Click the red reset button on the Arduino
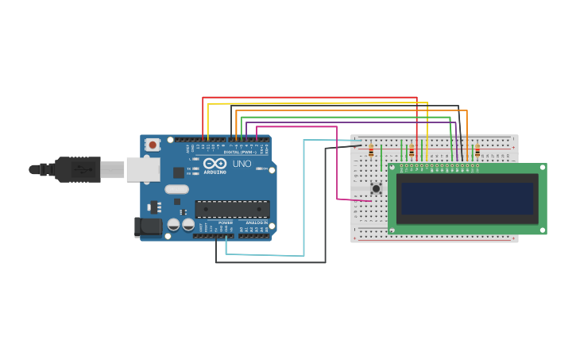[x=152, y=145]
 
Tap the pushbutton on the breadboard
[x=376, y=188]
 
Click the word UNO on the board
[x=242, y=164]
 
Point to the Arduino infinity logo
[x=214, y=163]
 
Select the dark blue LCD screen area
[x=467, y=198]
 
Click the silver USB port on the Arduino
[x=143, y=169]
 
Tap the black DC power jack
[x=148, y=227]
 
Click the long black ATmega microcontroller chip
[x=232, y=209]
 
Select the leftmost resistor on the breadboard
[x=370, y=151]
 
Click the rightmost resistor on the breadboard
[x=477, y=151]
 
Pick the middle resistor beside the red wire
[x=411, y=151]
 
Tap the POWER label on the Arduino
[x=226, y=223]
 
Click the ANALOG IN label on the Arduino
[x=255, y=223]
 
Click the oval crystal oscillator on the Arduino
[x=176, y=189]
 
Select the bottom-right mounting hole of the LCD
[x=543, y=230]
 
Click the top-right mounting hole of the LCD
[x=543, y=168]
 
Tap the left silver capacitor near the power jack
[x=173, y=225]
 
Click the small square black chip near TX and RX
[x=179, y=172]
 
